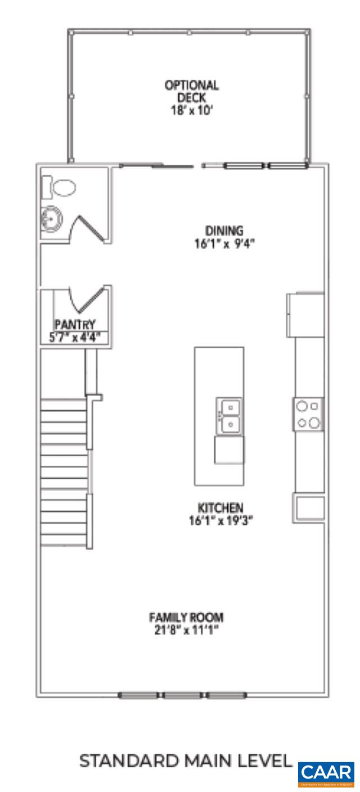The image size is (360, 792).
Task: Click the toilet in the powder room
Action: [x=62, y=187]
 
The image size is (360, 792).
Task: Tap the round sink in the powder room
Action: [x=51, y=216]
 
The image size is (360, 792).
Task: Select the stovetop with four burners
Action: [x=309, y=415]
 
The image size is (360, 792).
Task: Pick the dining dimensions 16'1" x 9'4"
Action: [x=224, y=244]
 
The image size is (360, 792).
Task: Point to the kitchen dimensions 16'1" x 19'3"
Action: [x=221, y=520]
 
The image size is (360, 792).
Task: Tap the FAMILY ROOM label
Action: [x=187, y=616]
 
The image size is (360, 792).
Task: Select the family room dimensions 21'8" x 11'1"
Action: [x=187, y=629]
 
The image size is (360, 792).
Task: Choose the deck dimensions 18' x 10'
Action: [x=191, y=110]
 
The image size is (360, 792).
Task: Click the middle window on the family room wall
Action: [x=182, y=696]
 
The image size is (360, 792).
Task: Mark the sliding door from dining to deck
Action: [x=157, y=165]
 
